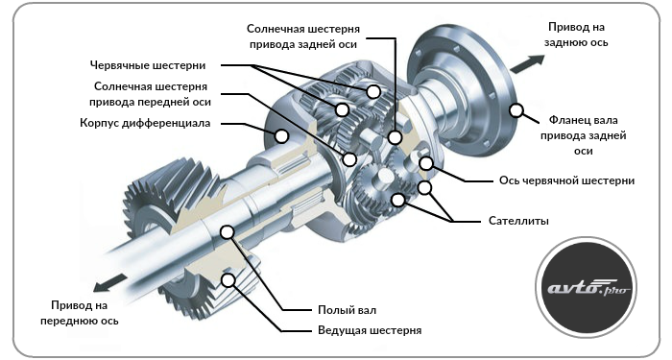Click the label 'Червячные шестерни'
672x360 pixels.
coord(148,65)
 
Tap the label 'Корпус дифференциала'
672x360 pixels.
coord(145,123)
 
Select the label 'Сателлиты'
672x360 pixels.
coord(518,221)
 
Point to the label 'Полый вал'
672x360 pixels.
coord(347,310)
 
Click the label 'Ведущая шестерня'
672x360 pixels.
coord(370,330)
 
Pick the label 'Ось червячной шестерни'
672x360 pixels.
coord(566,180)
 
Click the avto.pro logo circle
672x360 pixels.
coord(586,287)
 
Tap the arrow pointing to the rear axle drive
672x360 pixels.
coord(527,64)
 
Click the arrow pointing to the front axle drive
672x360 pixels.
coord(111,284)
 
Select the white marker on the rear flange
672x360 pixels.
coord(516,110)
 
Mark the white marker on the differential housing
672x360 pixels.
coord(281,136)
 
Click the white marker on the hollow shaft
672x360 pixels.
coord(228,232)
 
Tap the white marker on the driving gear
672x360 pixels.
coord(228,280)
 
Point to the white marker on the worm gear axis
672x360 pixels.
coord(426,163)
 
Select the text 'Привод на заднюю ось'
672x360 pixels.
coord(576,35)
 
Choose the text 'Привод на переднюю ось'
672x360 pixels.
coord(80,313)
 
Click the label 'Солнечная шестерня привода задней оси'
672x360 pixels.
coord(303,36)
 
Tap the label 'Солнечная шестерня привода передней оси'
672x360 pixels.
coord(150,94)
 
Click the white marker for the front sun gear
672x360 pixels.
coord(349,159)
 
